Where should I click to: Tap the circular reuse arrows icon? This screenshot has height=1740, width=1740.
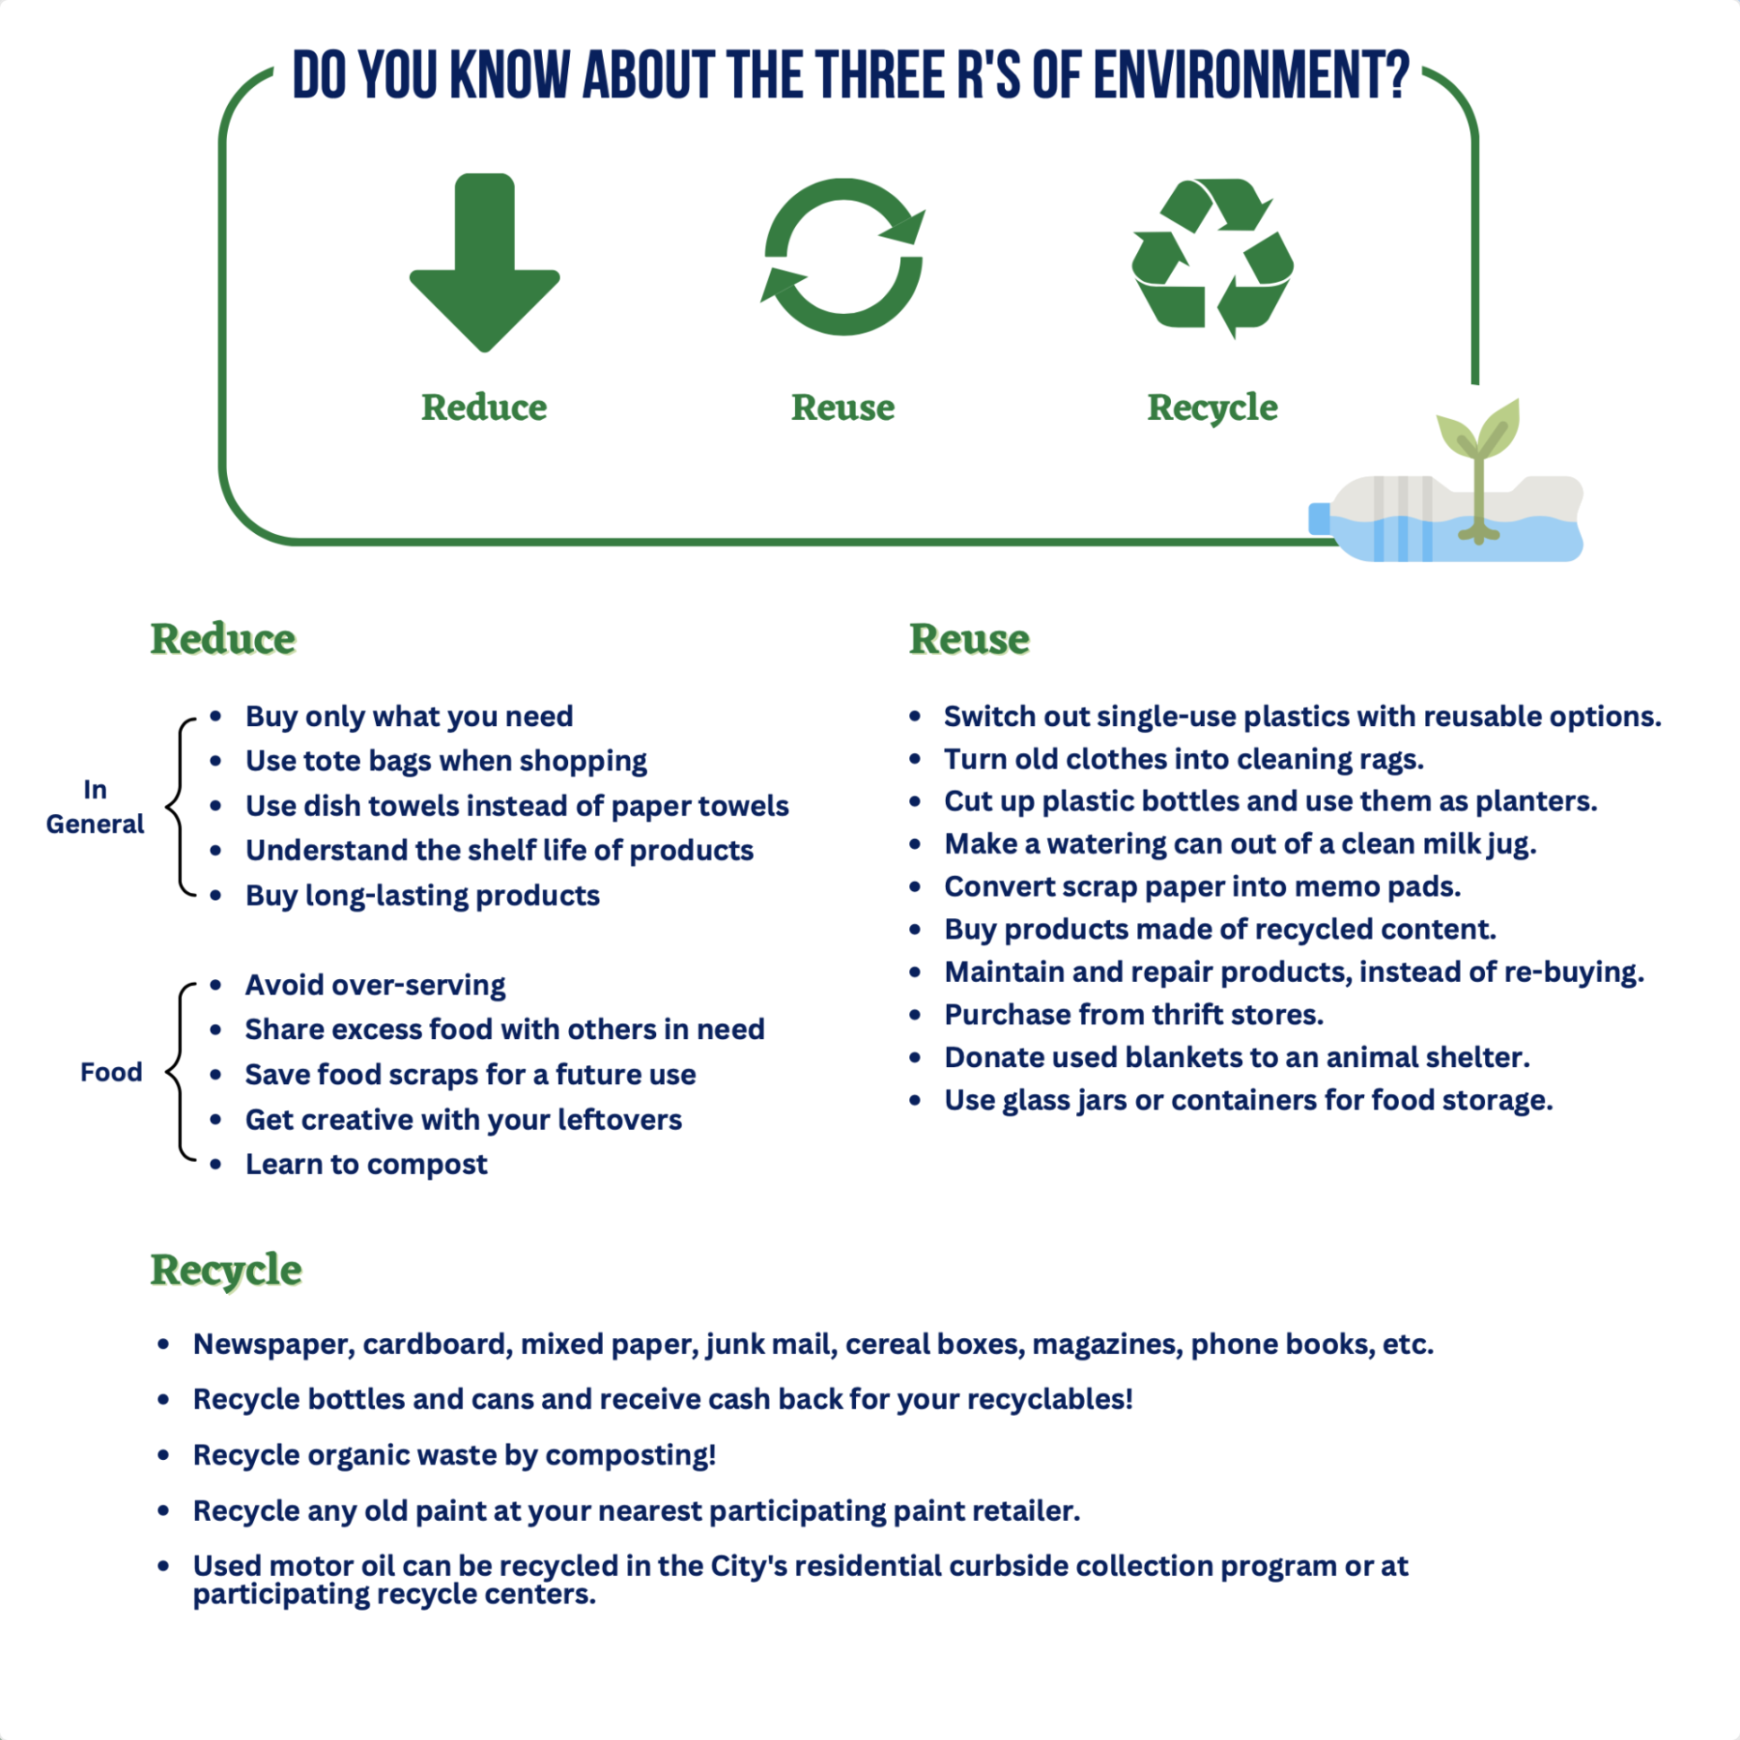click(843, 257)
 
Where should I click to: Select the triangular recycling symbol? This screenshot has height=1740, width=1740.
click(1212, 257)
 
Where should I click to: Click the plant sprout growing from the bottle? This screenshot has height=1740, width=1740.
click(1479, 450)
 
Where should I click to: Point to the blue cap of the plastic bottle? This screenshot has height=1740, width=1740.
click(1320, 519)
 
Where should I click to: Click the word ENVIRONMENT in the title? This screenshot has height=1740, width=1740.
click(1252, 75)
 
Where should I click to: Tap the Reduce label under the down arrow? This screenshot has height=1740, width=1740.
click(485, 407)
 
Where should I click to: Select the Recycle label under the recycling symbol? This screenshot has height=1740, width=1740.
click(1212, 408)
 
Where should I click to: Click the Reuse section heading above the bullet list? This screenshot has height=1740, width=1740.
click(969, 640)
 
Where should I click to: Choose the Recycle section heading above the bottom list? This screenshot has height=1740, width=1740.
click(226, 1271)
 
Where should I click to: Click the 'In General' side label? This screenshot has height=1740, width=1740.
click(94, 807)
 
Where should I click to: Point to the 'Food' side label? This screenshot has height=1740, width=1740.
click(111, 1071)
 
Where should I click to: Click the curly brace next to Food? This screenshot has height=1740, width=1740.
click(181, 1071)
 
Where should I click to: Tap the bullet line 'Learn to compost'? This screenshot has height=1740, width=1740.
click(366, 1164)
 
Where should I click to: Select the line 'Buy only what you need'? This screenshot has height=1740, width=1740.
click(409, 716)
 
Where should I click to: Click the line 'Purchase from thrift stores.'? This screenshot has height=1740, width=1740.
click(1134, 1014)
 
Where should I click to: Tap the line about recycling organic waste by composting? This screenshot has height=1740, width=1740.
click(455, 1455)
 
